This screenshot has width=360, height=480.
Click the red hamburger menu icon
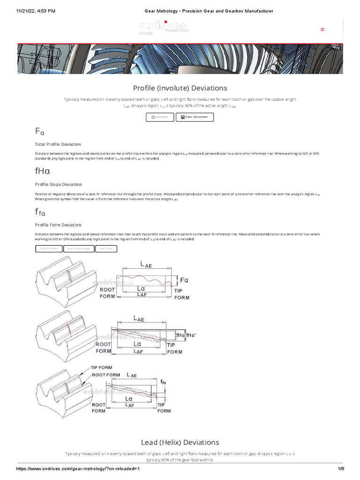tap(322, 29)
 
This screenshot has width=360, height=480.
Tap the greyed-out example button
tap(159, 117)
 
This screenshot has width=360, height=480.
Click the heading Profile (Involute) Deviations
tap(180, 88)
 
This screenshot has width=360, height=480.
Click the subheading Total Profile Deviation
tap(58, 144)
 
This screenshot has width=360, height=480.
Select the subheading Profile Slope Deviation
tap(58, 184)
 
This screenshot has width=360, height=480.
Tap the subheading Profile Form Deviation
tap(58, 225)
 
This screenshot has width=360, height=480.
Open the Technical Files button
tap(49, 249)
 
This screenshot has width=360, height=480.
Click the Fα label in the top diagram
tap(184, 280)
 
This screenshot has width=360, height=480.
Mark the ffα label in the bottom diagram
tap(163, 382)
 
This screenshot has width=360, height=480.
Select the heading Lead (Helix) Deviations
tap(180, 442)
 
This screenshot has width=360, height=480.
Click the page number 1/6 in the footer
tap(340, 469)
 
